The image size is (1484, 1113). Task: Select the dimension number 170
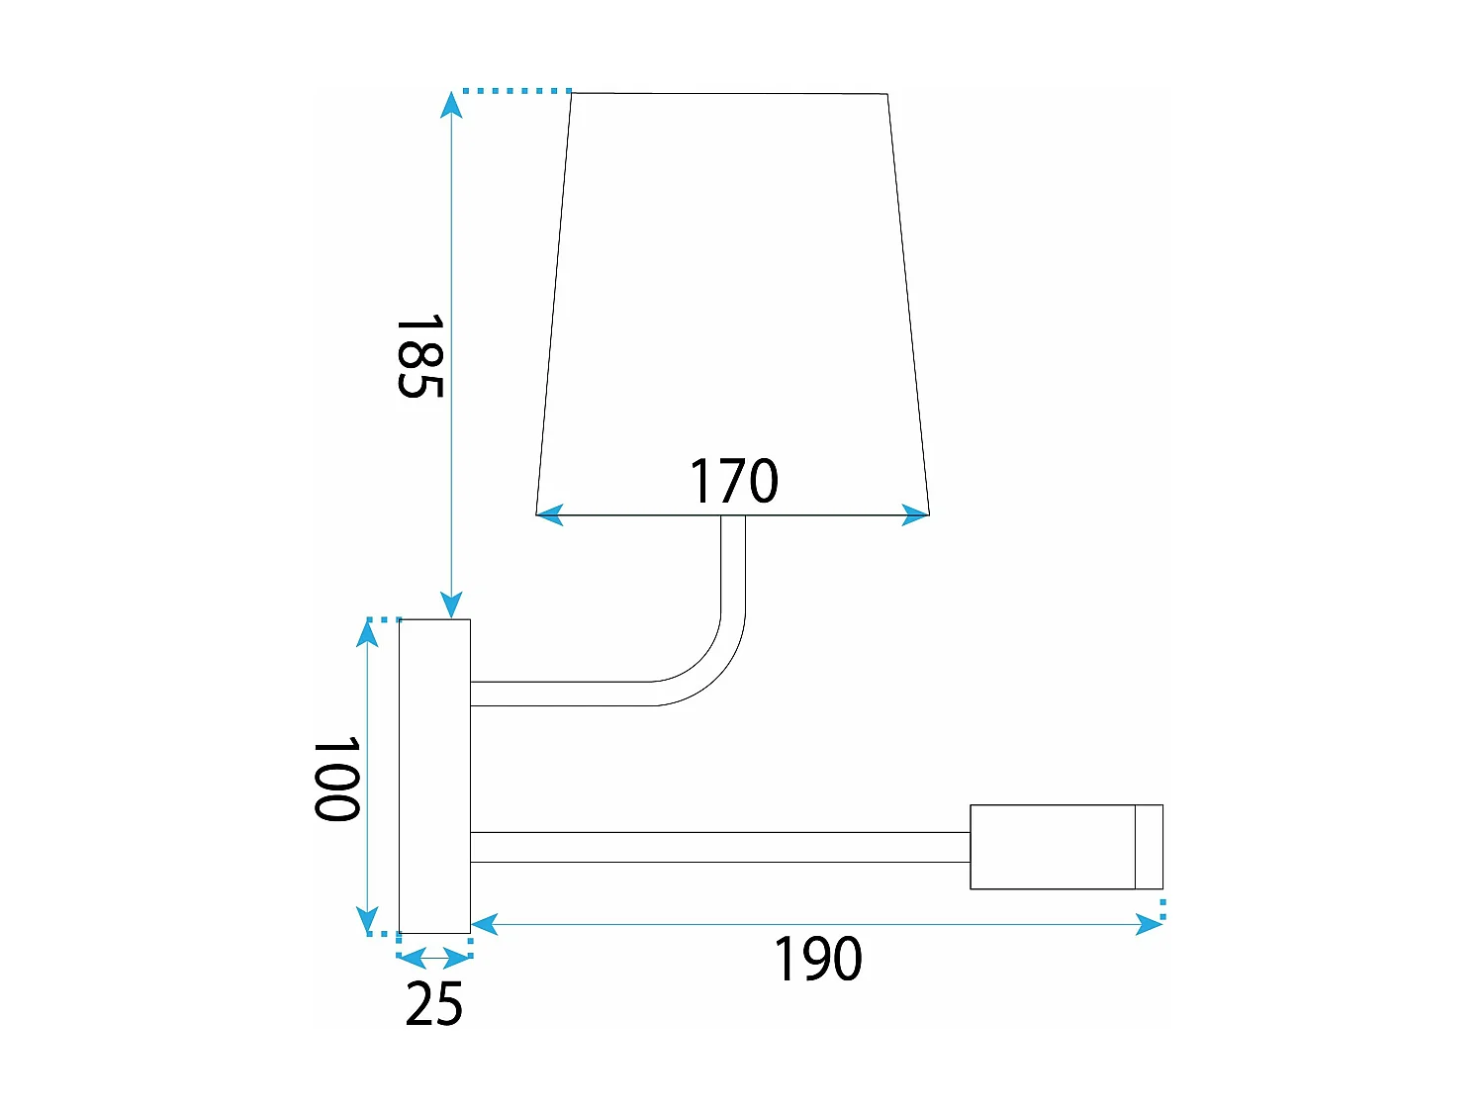pyautogui.click(x=733, y=482)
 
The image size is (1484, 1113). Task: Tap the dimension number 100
pyautogui.click(x=336, y=779)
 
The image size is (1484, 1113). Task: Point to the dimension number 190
pyautogui.click(x=817, y=959)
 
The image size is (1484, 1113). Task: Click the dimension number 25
pyautogui.click(x=433, y=1004)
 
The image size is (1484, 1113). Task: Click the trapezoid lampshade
pyautogui.click(x=732, y=297)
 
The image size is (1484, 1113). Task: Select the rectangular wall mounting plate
pyautogui.click(x=434, y=776)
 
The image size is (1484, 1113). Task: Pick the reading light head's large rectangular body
pyautogui.click(x=1052, y=847)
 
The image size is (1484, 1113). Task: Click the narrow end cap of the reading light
pyautogui.click(x=1149, y=847)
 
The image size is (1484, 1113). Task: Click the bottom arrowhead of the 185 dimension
pyautogui.click(x=452, y=604)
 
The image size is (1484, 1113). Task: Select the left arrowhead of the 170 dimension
pyautogui.click(x=549, y=514)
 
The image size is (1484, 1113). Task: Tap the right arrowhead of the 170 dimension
pyautogui.click(x=916, y=514)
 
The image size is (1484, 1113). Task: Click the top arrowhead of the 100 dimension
pyautogui.click(x=368, y=632)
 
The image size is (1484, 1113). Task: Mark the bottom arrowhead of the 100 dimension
pyautogui.click(x=368, y=920)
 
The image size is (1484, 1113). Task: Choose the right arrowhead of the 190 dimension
pyautogui.click(x=1150, y=925)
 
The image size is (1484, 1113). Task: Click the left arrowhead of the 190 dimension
pyautogui.click(x=484, y=925)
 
